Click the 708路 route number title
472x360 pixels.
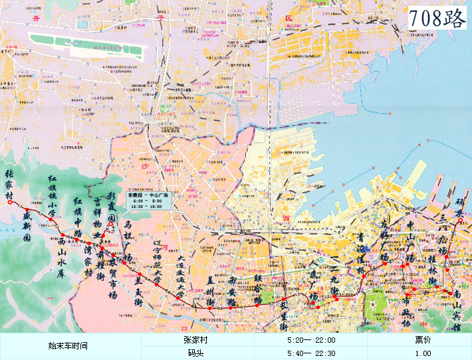click(x=437, y=18)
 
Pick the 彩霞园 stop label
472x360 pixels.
click(x=112, y=207)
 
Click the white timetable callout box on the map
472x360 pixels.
click(x=150, y=201)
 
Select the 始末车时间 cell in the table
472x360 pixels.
click(x=70, y=346)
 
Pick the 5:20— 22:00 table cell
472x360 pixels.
click(x=311, y=339)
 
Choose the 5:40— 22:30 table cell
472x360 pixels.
click(x=311, y=353)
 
